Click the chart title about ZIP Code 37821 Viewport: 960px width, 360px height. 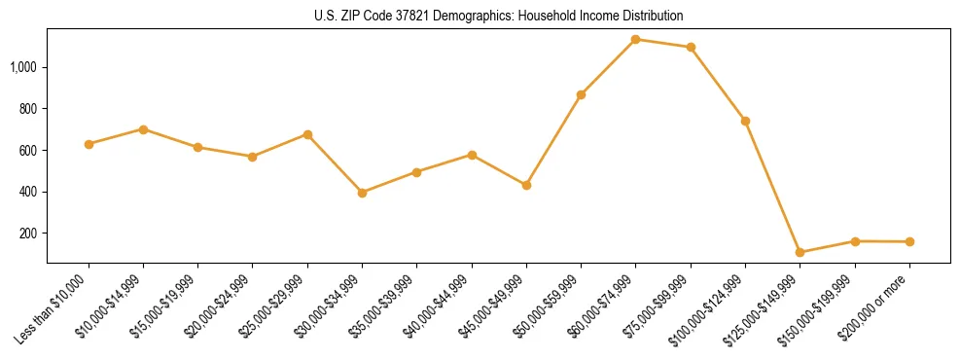click(498, 16)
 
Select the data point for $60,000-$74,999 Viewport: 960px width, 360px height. click(635, 40)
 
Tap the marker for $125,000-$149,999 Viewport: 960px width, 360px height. click(800, 253)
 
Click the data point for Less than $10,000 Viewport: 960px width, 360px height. click(89, 144)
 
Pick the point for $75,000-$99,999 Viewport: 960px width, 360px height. click(691, 47)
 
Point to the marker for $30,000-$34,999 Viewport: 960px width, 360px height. click(362, 193)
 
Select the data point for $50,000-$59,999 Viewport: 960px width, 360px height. click(581, 94)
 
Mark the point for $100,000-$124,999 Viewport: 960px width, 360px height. click(745, 121)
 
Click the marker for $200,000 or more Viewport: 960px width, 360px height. click(909, 241)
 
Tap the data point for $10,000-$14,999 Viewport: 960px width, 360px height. click(143, 129)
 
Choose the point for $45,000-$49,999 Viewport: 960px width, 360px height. click(526, 185)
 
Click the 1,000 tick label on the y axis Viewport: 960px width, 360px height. click(24, 67)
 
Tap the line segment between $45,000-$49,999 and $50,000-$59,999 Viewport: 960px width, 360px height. click(553, 140)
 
